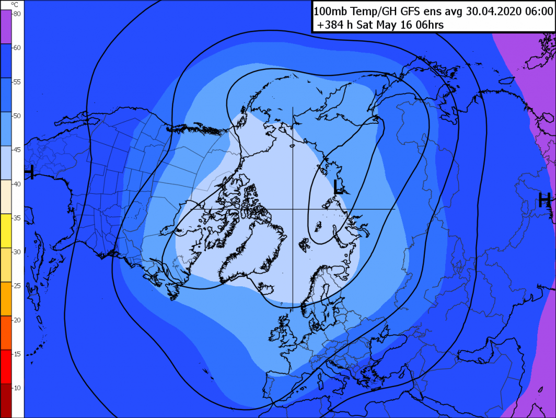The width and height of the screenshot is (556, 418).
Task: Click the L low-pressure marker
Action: point(339,187)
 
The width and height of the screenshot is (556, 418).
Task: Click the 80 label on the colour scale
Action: point(17,14)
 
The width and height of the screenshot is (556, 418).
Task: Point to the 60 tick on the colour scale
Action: point(17,48)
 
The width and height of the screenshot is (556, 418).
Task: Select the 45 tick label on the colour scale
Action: point(17,149)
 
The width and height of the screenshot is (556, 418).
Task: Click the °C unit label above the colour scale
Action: point(15,5)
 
